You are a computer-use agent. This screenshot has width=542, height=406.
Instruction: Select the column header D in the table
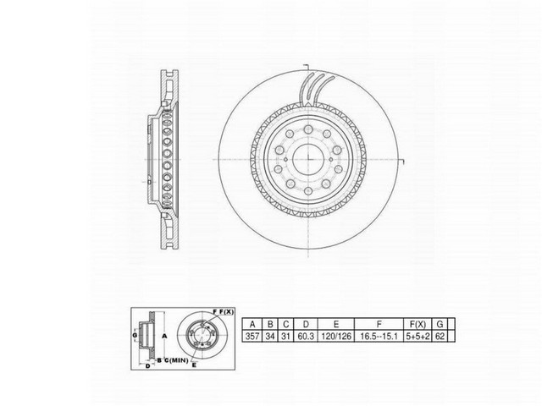point(305,323)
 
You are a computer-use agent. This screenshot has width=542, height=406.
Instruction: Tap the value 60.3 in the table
point(305,336)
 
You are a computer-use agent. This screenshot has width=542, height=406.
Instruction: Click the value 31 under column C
point(286,336)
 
